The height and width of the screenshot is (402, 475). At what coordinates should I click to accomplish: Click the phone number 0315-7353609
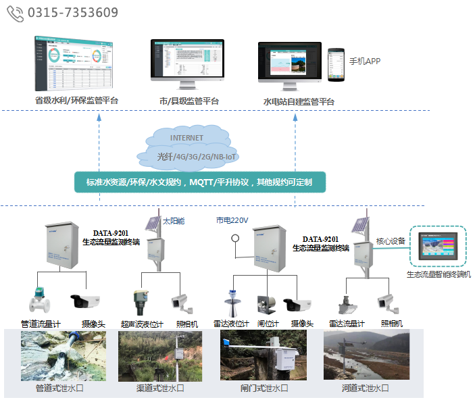(73, 13)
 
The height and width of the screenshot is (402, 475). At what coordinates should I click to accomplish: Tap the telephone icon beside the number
(15, 13)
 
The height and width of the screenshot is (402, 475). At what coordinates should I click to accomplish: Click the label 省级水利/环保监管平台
(76, 101)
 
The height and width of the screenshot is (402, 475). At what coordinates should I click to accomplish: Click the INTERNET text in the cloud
(186, 138)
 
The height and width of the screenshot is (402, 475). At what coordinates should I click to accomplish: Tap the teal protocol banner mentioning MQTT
(199, 182)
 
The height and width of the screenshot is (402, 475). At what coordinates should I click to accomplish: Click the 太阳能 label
(174, 221)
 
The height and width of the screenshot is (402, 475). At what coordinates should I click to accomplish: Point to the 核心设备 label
(391, 241)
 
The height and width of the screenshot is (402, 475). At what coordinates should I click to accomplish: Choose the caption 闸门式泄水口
(264, 388)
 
